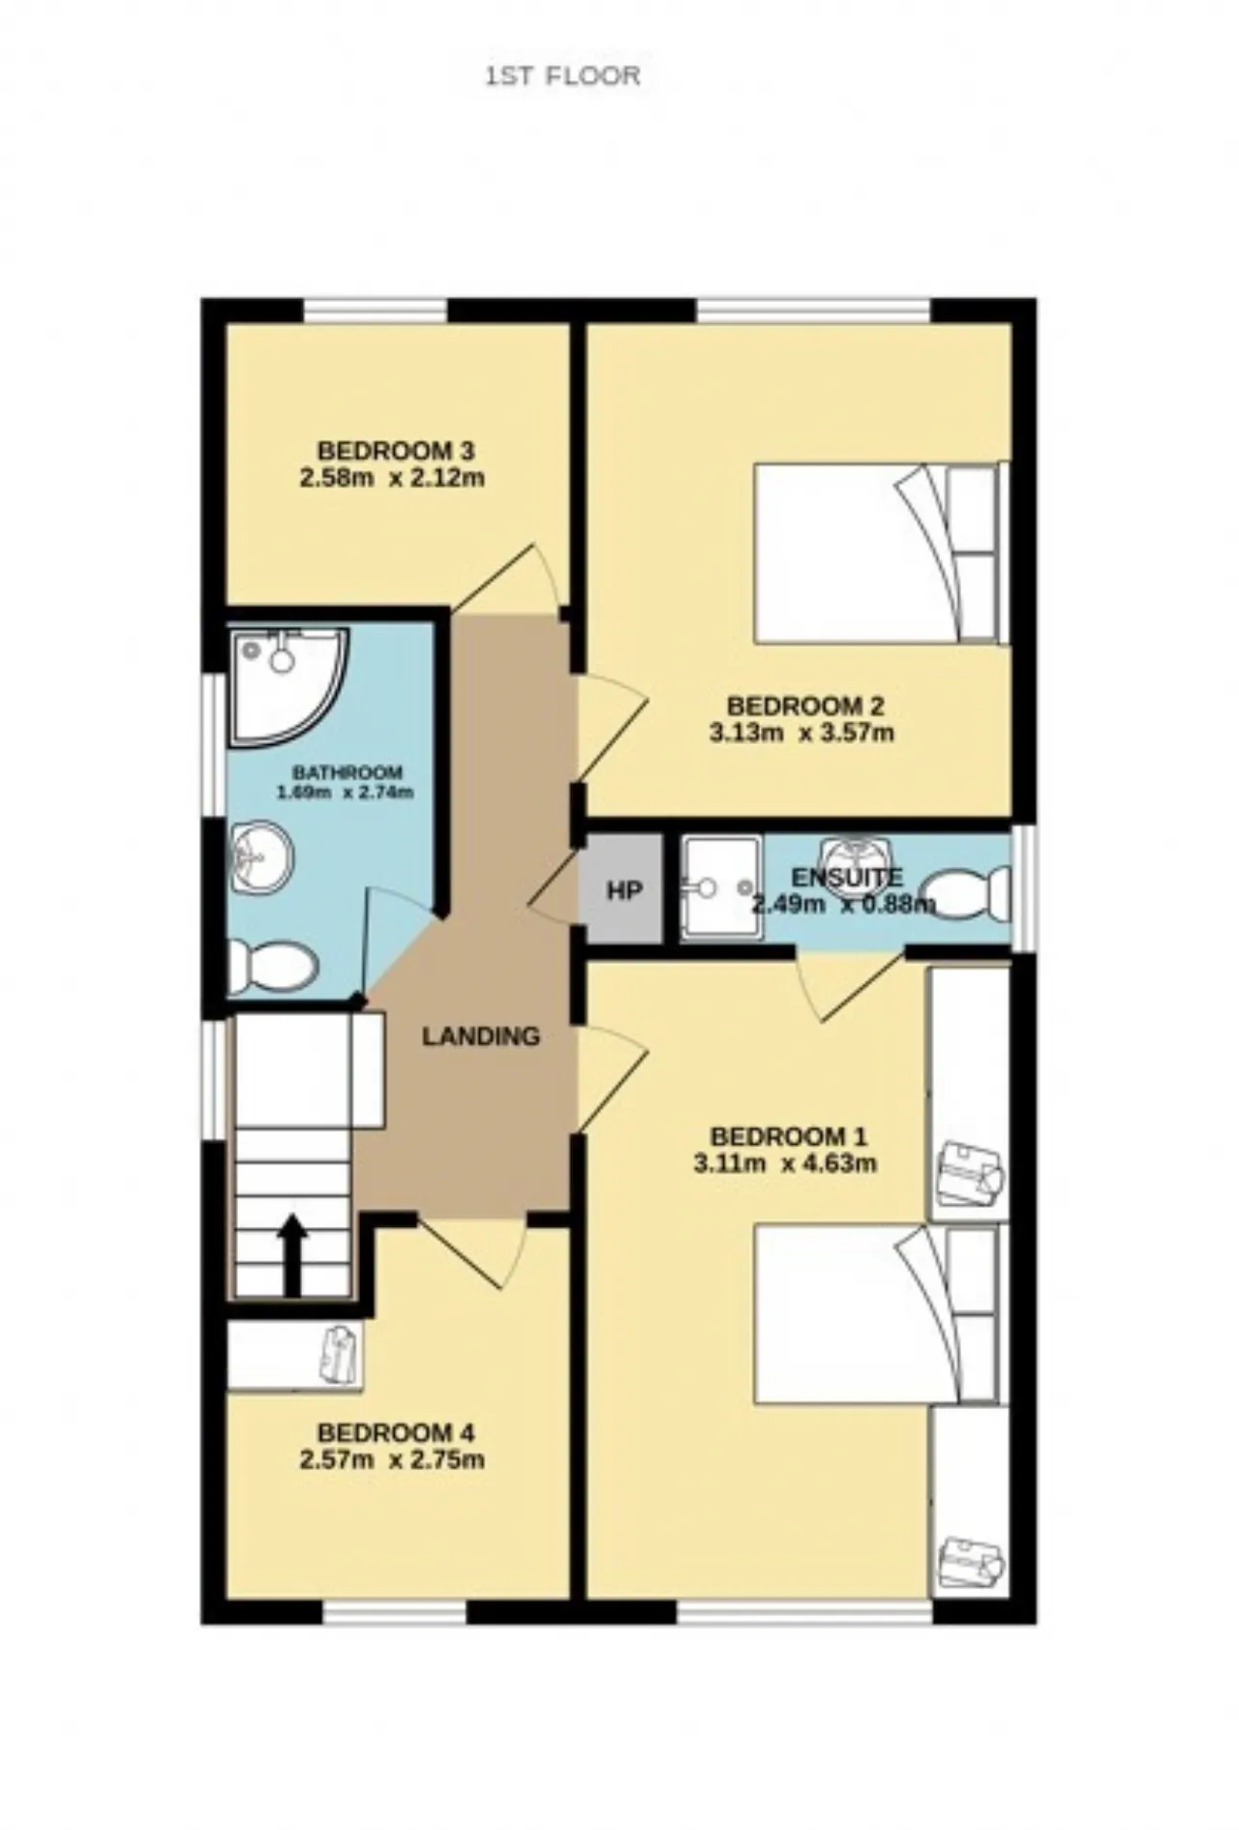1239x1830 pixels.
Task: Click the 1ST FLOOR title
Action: coord(562,76)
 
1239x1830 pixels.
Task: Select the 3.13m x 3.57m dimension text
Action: coord(801,733)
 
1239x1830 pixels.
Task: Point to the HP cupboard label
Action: coord(624,890)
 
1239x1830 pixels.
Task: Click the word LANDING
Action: coord(481,1036)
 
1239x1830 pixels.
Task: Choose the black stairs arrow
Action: coord(292,1256)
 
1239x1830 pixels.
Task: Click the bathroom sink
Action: coord(261,855)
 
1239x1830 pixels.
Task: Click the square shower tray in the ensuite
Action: coord(720,888)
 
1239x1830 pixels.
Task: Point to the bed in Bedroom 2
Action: coord(876,553)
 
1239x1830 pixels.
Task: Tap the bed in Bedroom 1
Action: coord(876,1313)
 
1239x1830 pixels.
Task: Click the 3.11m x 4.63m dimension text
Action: coord(786,1163)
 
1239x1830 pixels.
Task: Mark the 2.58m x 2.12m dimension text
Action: coord(392,478)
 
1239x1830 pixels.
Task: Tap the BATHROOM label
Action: coord(347,772)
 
